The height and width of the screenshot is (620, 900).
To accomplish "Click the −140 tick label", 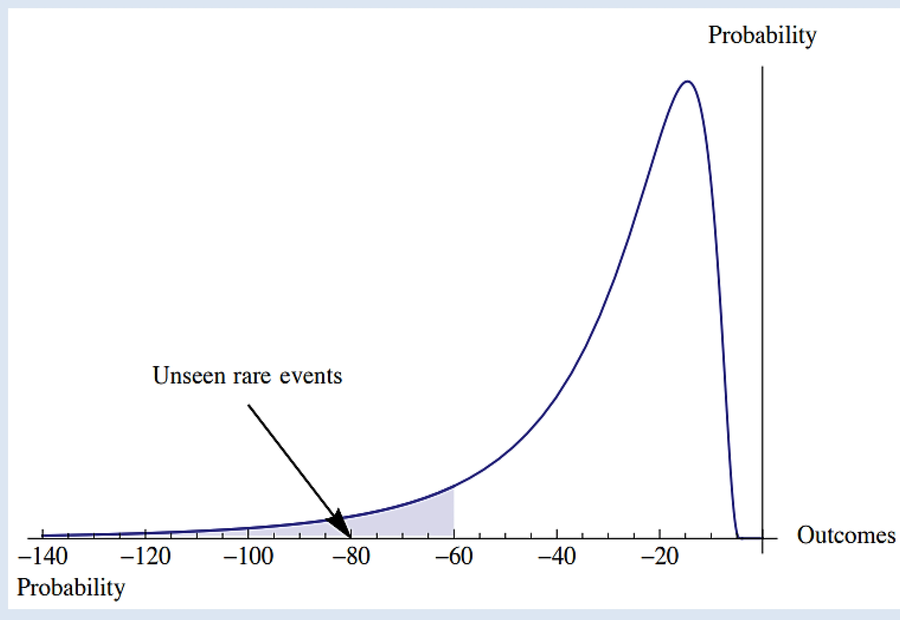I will (43, 557).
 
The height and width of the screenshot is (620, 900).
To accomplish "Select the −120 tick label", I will (145, 557).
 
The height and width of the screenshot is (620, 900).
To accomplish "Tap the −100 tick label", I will (248, 557).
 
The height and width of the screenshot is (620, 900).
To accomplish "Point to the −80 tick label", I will (351, 557).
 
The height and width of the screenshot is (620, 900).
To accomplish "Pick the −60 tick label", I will (454, 557).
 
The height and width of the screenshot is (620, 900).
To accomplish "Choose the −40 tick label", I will (557, 557).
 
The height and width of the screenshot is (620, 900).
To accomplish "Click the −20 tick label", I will (660, 557).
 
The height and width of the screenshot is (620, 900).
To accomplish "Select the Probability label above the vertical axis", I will (762, 36).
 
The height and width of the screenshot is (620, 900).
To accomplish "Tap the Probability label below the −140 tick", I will (71, 588).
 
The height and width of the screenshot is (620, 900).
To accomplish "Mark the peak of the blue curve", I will (687, 81).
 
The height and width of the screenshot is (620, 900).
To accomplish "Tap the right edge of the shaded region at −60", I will (453, 513).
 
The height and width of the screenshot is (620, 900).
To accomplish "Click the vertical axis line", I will (762, 272).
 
